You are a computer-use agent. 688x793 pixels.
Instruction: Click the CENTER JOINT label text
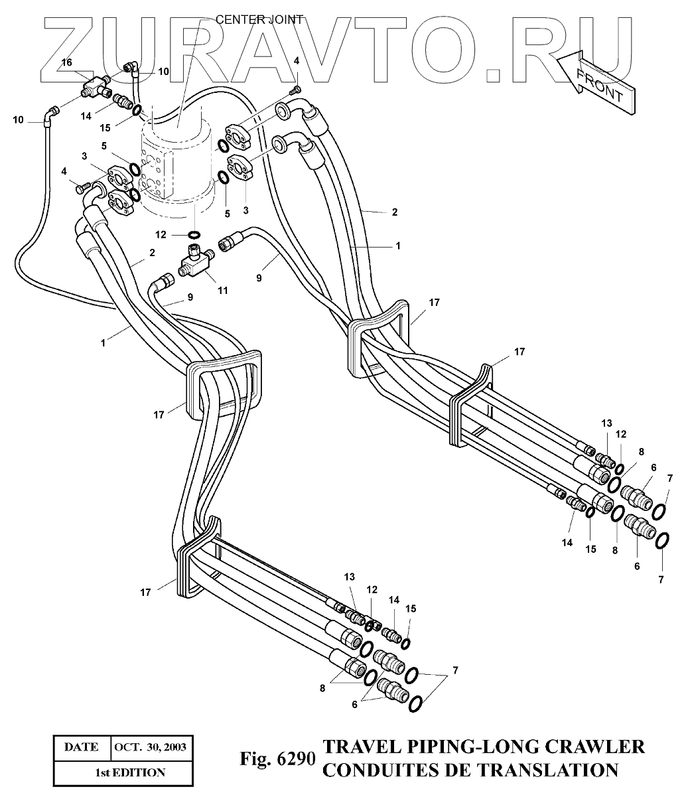(259, 19)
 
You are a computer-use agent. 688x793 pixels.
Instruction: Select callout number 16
(66, 62)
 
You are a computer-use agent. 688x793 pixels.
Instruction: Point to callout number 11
(222, 291)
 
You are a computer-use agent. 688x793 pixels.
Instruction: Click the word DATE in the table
(81, 747)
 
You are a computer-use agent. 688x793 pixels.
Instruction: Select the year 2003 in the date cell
(172, 747)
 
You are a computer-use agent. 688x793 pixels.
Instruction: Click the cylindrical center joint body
(175, 166)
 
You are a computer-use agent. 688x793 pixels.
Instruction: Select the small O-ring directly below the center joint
(194, 234)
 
